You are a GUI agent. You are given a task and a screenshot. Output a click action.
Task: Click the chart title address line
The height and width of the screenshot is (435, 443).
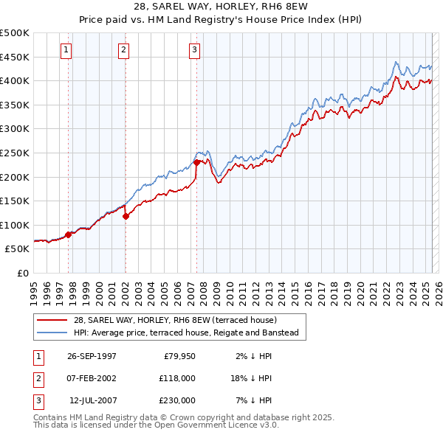tap(221, 7)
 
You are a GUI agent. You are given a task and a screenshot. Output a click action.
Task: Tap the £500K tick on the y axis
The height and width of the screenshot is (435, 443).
tap(15, 33)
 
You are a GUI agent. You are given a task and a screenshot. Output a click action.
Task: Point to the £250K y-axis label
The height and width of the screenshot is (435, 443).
tap(15, 153)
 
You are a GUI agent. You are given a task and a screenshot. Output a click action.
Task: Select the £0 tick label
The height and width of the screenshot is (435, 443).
tap(24, 273)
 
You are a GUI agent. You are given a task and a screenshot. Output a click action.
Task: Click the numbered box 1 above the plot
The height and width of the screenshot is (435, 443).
tap(66, 50)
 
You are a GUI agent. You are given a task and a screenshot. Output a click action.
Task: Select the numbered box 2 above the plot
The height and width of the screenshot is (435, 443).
tap(123, 50)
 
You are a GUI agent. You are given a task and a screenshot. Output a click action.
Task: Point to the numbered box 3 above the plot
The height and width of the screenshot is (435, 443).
tap(194, 50)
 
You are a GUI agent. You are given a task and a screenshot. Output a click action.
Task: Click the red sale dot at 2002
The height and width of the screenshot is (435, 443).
tap(126, 216)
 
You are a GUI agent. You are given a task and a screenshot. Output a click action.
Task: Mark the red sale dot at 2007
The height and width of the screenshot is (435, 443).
tap(196, 162)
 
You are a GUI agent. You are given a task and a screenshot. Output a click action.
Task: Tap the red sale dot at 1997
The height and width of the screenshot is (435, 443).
tap(69, 234)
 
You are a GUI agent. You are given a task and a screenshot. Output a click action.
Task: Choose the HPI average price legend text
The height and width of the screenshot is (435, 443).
tap(185, 333)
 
